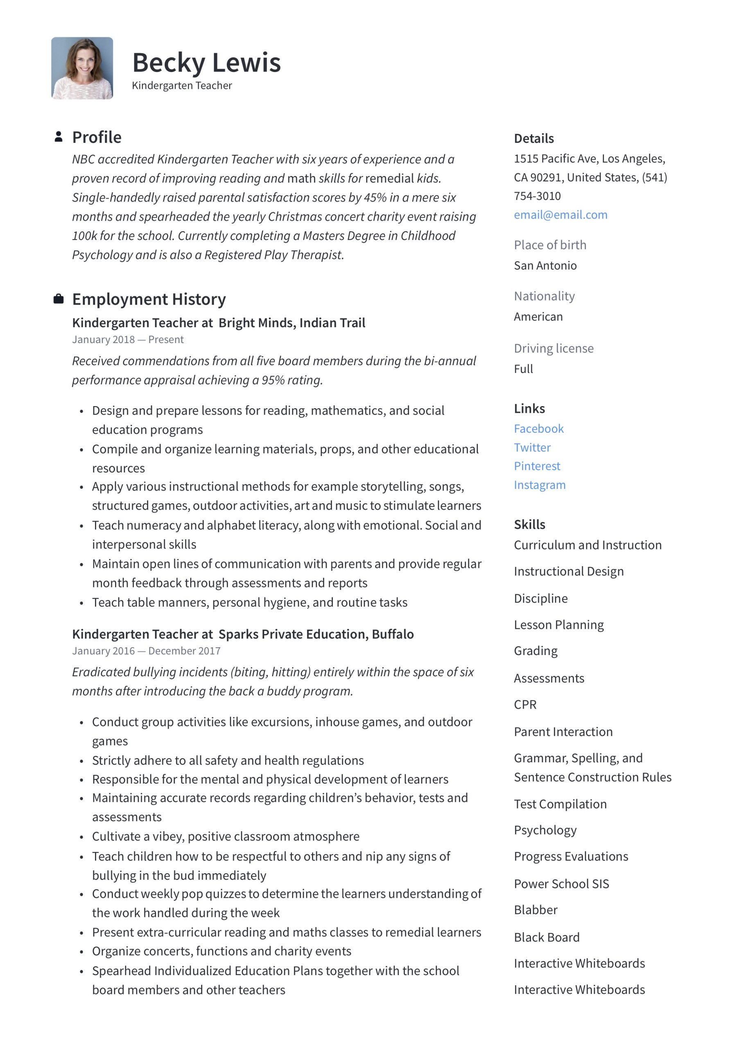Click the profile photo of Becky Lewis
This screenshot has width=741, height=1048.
coord(82,68)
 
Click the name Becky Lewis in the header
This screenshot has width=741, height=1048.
coord(206,63)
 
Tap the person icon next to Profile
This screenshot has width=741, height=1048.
coord(58,136)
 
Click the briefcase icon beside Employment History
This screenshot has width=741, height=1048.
coord(58,299)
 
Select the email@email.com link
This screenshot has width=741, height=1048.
coord(560,215)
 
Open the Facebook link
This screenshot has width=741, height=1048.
coord(538,428)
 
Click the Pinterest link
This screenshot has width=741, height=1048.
coord(536,465)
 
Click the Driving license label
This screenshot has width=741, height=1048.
coord(553,348)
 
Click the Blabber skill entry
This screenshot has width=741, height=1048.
coord(535,910)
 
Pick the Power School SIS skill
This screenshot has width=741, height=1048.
coord(561,884)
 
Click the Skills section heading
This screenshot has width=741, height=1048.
coord(529,524)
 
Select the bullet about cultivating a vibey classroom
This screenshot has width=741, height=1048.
coord(226,836)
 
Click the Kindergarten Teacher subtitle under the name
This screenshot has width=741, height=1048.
coord(182,86)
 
